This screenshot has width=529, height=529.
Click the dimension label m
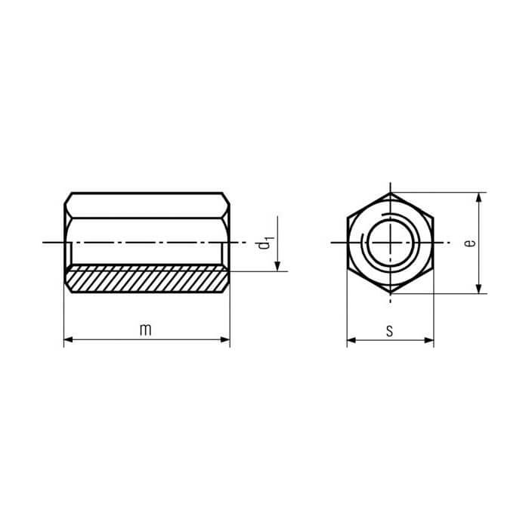pos(145,329)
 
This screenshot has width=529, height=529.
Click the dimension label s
pos(390,331)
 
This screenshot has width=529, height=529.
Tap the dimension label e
pos(469,243)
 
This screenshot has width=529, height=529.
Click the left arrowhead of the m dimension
pos(68,340)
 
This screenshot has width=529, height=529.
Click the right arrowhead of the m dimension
pos(225,340)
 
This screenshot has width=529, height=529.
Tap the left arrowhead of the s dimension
pos(351,340)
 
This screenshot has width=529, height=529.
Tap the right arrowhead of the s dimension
pos(429,340)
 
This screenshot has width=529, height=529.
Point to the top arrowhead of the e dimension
pos(478,197)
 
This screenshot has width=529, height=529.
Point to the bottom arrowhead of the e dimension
pos(478,289)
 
